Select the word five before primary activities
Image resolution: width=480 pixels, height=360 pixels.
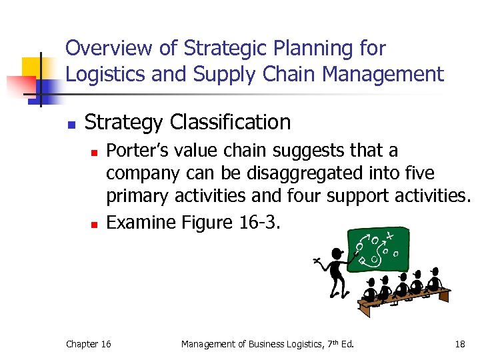[417, 174]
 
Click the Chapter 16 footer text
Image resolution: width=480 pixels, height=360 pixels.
[89, 344]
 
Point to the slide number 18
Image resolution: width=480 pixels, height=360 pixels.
[459, 344]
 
